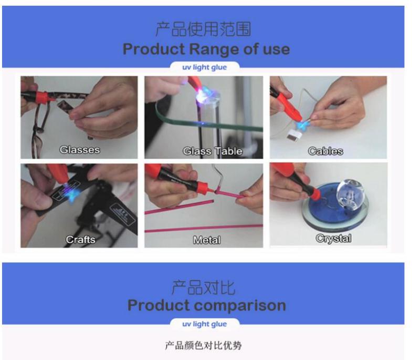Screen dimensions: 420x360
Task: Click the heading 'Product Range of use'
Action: tap(206, 49)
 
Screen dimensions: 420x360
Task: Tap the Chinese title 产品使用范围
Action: tap(203, 29)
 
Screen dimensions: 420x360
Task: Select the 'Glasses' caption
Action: tap(80, 150)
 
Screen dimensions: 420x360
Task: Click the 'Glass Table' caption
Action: tap(213, 151)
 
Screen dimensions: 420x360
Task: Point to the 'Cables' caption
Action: tap(325, 151)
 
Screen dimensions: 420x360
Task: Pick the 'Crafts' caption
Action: tap(80, 239)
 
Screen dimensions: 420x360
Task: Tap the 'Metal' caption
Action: tap(207, 240)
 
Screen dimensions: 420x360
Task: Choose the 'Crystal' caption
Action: tap(333, 238)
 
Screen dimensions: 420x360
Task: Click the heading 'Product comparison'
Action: tap(206, 305)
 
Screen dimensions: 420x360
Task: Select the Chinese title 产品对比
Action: tap(203, 287)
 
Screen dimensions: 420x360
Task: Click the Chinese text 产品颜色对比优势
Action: tap(203, 345)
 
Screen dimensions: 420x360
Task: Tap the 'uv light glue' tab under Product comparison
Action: tap(204, 324)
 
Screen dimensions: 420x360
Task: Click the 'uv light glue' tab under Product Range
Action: tap(204, 67)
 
